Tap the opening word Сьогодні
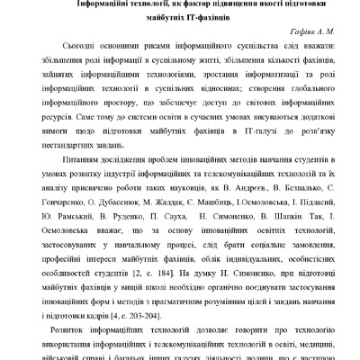click(85, 44)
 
